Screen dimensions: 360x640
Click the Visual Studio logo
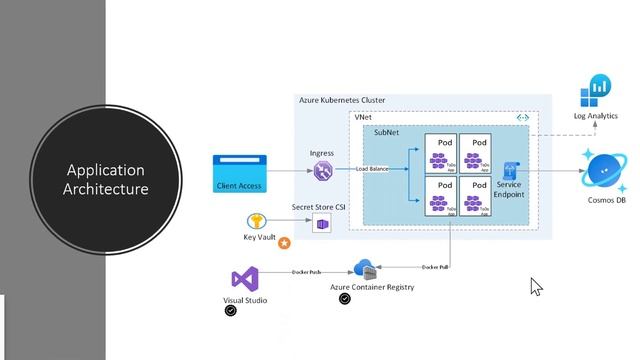click(245, 279)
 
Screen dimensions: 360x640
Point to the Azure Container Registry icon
click(364, 269)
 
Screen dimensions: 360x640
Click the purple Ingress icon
click(323, 172)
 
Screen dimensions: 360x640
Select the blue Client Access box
click(240, 173)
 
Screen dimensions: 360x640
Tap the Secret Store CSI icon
click(321, 225)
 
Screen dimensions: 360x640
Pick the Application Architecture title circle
click(105, 180)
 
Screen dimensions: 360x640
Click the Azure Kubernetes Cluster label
click(341, 100)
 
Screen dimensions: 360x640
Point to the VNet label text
click(364, 117)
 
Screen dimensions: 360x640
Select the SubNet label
click(389, 132)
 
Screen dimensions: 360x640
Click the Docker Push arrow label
click(305, 271)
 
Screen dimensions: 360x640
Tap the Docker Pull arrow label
click(434, 267)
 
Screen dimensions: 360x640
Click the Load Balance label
click(373, 169)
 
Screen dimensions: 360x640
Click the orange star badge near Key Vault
click(284, 243)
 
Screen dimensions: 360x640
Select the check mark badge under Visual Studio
click(231, 311)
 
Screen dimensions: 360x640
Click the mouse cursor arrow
click(535, 286)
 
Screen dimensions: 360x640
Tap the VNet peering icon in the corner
click(521, 117)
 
